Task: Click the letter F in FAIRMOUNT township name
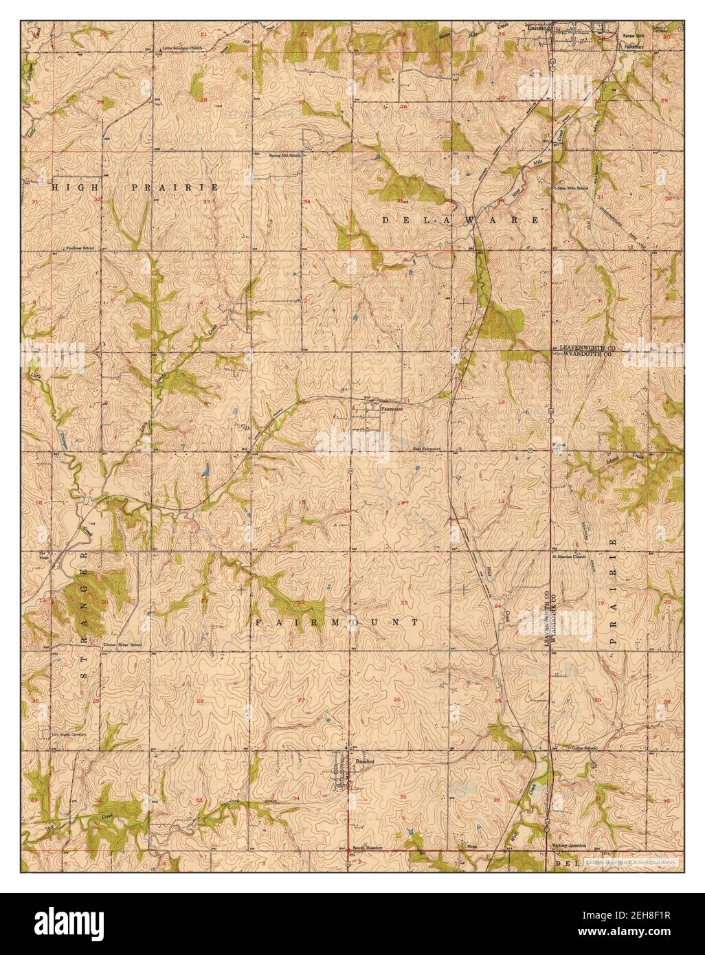259,622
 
